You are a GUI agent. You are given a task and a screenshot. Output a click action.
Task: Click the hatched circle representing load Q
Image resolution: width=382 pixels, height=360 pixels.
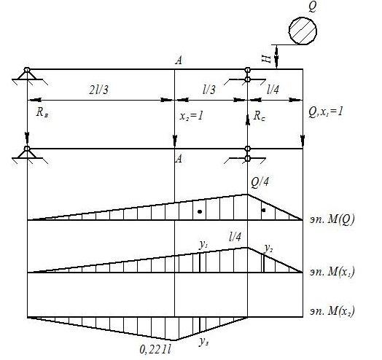pyautogui.click(x=303, y=31)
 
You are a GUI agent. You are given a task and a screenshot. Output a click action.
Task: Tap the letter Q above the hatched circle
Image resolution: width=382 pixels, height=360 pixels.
pyautogui.click(x=312, y=7)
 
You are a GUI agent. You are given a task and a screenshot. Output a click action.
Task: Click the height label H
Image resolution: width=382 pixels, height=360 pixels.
pyautogui.click(x=266, y=58)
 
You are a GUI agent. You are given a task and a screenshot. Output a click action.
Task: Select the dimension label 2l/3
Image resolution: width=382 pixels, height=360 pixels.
pyautogui.click(x=98, y=90)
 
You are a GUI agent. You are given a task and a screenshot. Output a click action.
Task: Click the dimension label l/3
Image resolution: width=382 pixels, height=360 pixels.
pyautogui.click(x=209, y=90)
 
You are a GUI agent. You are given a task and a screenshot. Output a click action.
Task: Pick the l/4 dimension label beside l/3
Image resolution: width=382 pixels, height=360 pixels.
pyautogui.click(x=273, y=90)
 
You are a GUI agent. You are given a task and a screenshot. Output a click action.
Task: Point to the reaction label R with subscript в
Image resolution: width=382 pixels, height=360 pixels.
pyautogui.click(x=42, y=112)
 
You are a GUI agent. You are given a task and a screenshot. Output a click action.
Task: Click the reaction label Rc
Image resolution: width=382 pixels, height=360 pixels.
pyautogui.click(x=260, y=116)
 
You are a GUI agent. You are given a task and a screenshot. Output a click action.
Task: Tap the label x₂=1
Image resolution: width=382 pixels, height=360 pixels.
pyautogui.click(x=191, y=116)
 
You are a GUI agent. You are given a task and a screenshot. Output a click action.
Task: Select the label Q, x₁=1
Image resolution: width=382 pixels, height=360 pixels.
pyautogui.click(x=325, y=111)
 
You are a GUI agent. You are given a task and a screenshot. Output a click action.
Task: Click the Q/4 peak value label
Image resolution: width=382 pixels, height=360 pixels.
pyautogui.click(x=260, y=182)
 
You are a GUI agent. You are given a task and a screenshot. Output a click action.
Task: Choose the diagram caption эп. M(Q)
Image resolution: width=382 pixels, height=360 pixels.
pyautogui.click(x=332, y=219)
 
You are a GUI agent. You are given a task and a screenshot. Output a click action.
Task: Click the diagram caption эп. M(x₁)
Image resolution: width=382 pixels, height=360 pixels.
pyautogui.click(x=332, y=272)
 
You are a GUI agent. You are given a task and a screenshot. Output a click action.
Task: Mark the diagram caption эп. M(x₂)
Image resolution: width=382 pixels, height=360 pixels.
pyautogui.click(x=332, y=311)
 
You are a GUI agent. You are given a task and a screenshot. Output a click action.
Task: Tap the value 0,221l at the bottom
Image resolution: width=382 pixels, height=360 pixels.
pyautogui.click(x=155, y=350)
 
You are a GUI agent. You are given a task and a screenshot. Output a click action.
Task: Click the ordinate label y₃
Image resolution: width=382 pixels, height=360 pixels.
pyautogui.click(x=203, y=342)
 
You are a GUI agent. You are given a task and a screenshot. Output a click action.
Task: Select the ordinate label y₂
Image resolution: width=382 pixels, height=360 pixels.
pyautogui.click(x=268, y=248)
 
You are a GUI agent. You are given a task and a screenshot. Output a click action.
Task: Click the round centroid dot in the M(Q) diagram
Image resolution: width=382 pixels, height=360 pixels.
pyautogui.click(x=200, y=211)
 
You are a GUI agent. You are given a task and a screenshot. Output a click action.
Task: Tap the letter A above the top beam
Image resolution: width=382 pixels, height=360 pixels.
pyautogui.click(x=179, y=60)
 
